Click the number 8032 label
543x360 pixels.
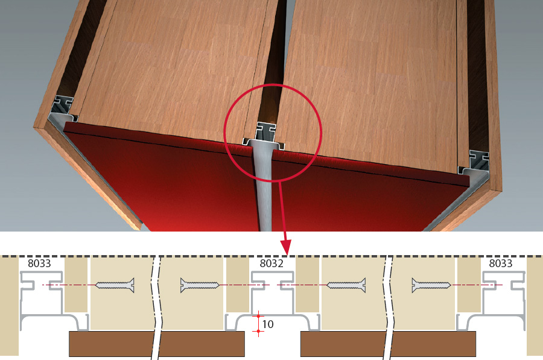pos(271,264)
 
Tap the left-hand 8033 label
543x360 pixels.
pos(39,264)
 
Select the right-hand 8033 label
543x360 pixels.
pos(500,264)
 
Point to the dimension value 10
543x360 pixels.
pos(268,324)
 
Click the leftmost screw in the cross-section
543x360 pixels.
pos(115,285)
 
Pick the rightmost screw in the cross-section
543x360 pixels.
pos(431,285)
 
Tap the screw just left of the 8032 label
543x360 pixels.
pos(200,285)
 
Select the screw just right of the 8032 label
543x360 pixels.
pos(346,285)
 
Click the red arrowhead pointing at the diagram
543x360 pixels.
pos(286,247)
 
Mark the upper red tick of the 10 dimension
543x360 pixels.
pos(258,316)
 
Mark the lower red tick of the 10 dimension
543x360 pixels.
pos(258,332)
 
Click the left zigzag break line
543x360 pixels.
pos(156,308)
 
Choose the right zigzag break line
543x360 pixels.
pos(388,308)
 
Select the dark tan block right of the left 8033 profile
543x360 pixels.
pos(76,285)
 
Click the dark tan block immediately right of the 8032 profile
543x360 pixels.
pos(307,285)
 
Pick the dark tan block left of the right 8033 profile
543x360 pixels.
pos(469,285)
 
